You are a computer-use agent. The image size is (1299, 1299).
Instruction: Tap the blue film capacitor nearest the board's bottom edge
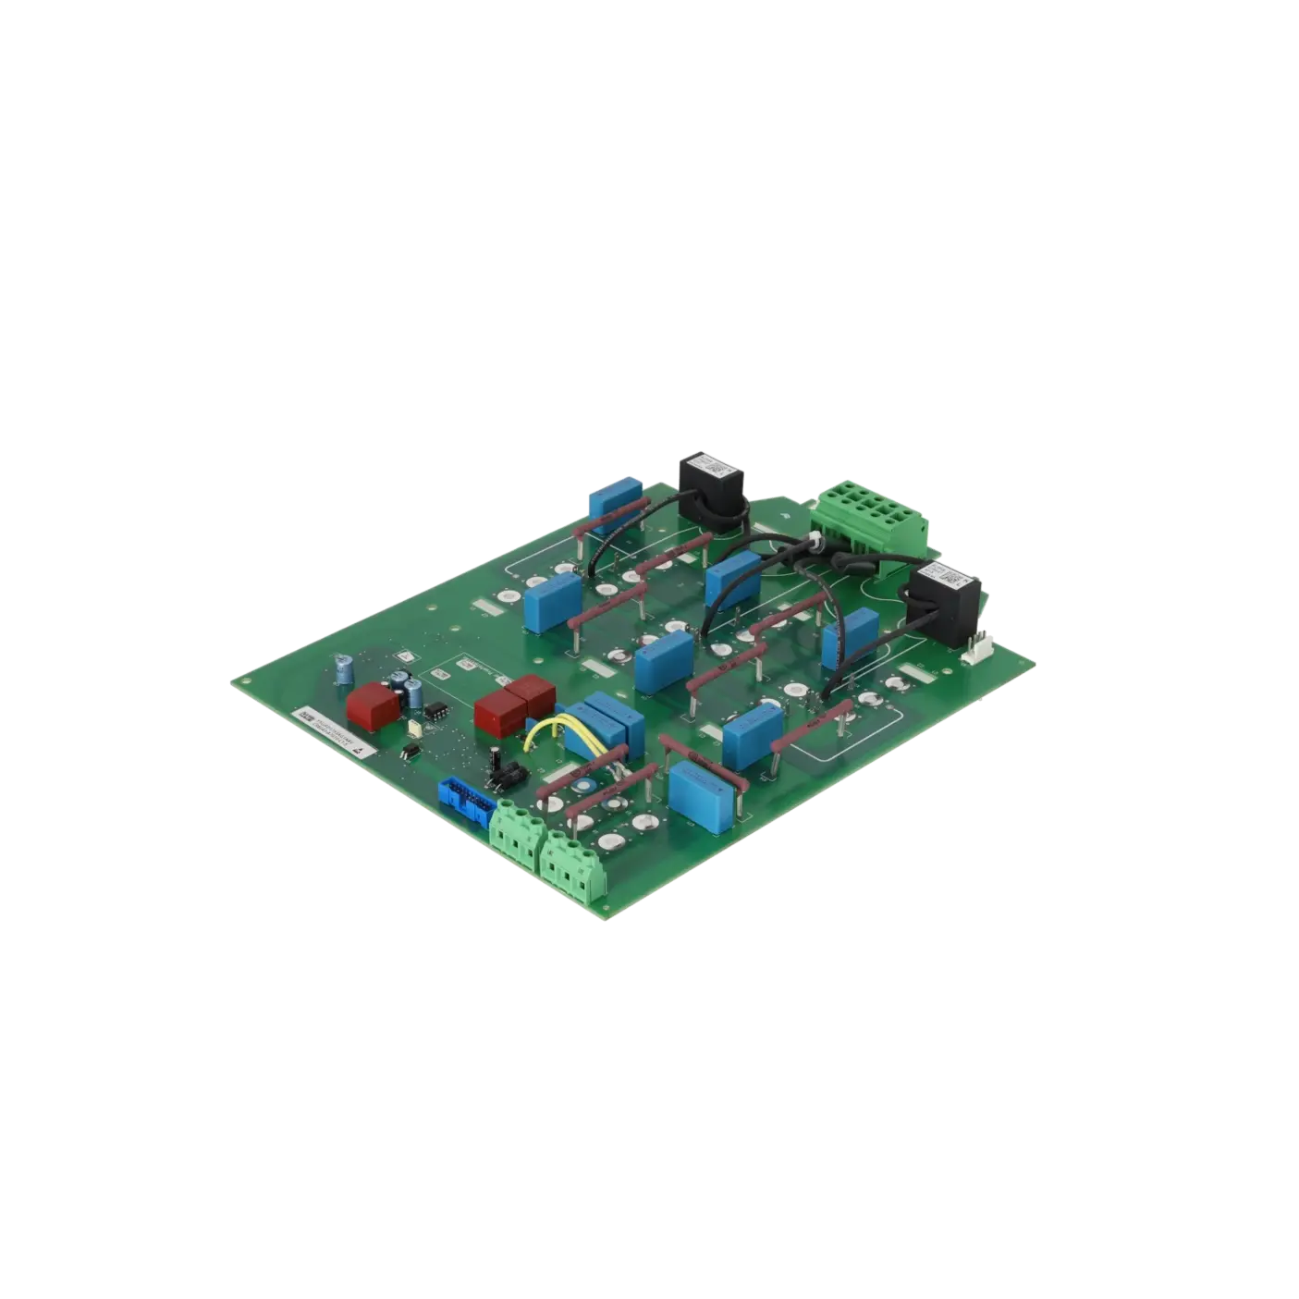click(700, 789)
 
